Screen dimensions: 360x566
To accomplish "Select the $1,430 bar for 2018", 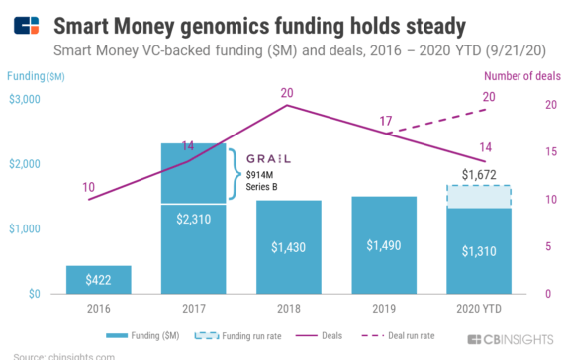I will [287, 247].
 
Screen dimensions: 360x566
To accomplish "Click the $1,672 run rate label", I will [478, 174].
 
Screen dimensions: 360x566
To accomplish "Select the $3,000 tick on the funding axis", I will [25, 99].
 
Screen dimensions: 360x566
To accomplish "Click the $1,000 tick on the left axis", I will [25, 228].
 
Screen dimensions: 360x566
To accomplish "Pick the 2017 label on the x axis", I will [193, 308].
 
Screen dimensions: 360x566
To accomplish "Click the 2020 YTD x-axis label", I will [478, 308].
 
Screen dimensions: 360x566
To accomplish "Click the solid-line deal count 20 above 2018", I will [287, 94].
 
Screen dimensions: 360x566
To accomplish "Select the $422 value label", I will [98, 280].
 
